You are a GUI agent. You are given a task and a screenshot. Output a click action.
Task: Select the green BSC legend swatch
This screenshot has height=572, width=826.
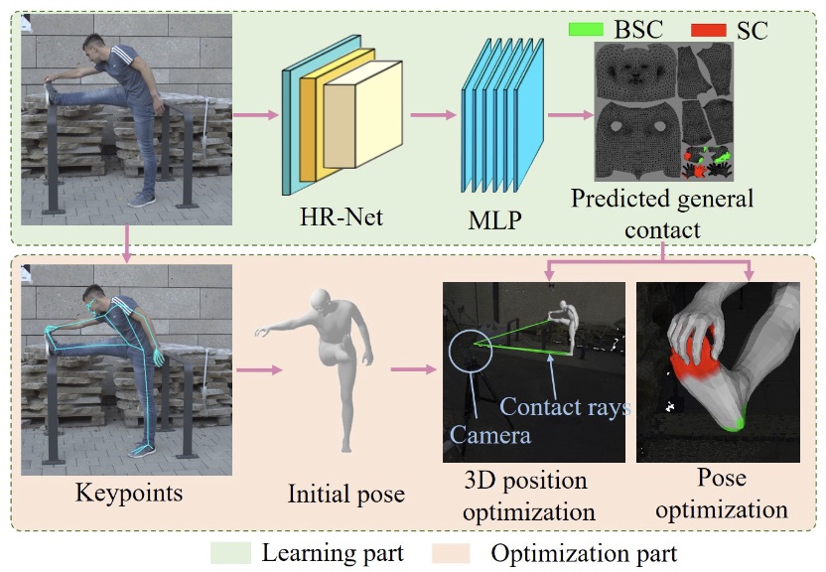pos(588,29)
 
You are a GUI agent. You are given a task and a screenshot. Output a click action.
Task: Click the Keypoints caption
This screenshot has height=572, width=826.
pos(124,494)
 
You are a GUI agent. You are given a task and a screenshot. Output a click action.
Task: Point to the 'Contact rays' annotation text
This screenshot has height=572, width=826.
pos(564,407)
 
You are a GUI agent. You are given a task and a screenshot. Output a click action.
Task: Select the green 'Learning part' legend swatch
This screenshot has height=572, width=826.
pos(231,552)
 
